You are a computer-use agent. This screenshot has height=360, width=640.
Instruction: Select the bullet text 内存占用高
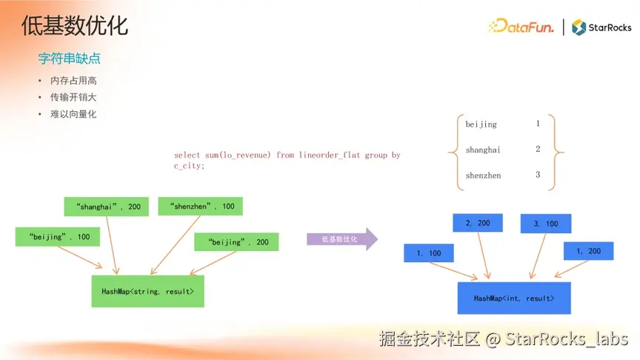pos(73,81)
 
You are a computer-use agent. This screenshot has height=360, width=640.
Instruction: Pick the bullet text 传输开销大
pos(73,97)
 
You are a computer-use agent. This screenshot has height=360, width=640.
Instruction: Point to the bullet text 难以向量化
pos(73,114)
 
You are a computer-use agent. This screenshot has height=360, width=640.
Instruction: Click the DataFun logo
pos(521,27)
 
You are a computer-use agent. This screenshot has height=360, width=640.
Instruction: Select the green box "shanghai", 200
pos(107,206)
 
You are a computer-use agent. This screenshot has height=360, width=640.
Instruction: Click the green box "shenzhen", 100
pos(200,205)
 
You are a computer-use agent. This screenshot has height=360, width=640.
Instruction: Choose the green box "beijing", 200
pos(236,242)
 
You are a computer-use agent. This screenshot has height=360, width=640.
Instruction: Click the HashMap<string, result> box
pos(147,292)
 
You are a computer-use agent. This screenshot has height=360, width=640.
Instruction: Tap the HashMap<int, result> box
pos(513,298)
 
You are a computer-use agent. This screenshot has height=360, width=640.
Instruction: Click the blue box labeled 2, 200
pos(478,223)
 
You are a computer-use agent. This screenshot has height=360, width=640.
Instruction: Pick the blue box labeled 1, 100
pos(429,253)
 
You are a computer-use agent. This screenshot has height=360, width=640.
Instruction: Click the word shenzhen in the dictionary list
pos(483,176)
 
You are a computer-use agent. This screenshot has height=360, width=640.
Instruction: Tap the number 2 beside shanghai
pos(538,149)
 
